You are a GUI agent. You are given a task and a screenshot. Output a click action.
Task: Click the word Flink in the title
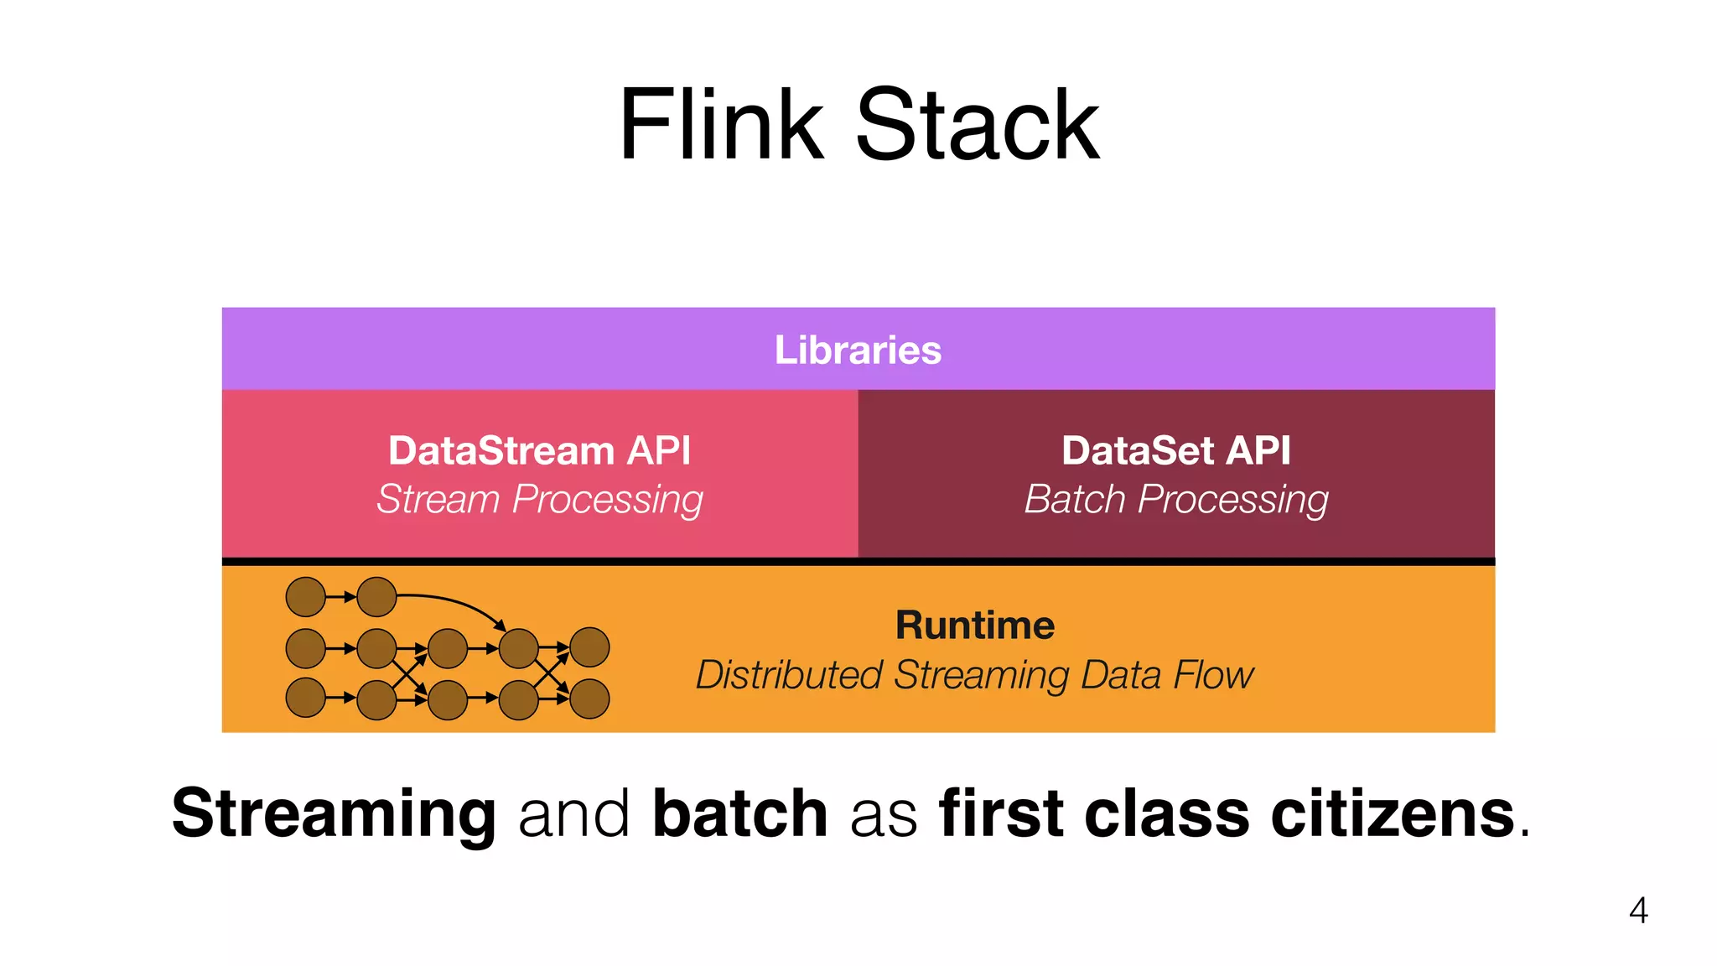coord(721,126)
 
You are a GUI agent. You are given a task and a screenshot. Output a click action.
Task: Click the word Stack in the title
coord(977,126)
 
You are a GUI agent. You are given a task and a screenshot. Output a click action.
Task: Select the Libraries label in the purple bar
coord(858,350)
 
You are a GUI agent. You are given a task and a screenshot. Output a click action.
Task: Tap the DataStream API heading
coord(539,450)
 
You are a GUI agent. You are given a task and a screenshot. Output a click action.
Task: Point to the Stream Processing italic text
coord(539,500)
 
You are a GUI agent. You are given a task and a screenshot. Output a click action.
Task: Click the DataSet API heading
coord(1175,450)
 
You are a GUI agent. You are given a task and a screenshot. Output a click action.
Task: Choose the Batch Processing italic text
coord(1175,500)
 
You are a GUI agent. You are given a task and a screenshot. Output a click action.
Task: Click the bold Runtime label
coord(974,626)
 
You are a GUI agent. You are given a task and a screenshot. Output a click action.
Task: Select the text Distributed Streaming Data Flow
coord(974,675)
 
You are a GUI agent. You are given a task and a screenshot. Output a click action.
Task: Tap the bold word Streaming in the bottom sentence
coord(334,813)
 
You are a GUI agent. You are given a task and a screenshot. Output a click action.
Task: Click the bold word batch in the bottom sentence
coord(739,813)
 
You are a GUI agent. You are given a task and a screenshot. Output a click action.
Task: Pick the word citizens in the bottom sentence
coord(1393,813)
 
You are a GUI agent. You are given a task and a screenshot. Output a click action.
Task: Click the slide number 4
coord(1638,911)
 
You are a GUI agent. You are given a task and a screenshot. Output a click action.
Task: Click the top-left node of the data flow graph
coord(306,597)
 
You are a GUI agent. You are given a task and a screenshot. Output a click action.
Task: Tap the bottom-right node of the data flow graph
coord(589,699)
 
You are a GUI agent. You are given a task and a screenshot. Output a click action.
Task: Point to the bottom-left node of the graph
coord(306,698)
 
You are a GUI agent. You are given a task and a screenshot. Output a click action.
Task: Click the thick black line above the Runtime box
coord(858,561)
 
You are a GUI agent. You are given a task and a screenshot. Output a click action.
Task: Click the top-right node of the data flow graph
coord(589,647)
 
